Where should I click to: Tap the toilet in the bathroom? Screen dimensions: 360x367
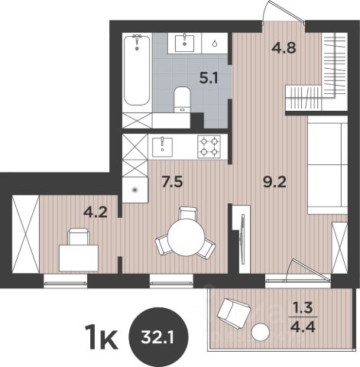coord(183,99)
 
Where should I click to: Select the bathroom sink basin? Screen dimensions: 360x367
coord(185,43)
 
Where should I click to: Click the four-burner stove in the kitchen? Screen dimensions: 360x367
coord(209,146)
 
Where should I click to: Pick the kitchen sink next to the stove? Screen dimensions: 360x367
coord(162,148)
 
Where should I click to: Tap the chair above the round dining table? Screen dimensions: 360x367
coord(188,213)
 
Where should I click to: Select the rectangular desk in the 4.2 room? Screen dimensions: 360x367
coord(79,258)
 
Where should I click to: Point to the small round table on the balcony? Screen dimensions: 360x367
coord(260,332)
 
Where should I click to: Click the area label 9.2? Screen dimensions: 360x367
coord(275,183)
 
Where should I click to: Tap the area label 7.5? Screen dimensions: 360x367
coord(173,182)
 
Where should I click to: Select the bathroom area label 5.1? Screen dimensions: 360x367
coord(209,78)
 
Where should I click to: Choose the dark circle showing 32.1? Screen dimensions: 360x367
coord(158,336)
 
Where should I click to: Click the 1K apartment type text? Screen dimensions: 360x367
coord(102,337)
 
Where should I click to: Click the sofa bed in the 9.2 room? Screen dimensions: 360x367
coord(327,165)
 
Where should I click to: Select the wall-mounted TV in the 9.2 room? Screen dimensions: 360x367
coord(242,239)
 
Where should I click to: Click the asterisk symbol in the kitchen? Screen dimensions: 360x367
coord(135,190)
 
